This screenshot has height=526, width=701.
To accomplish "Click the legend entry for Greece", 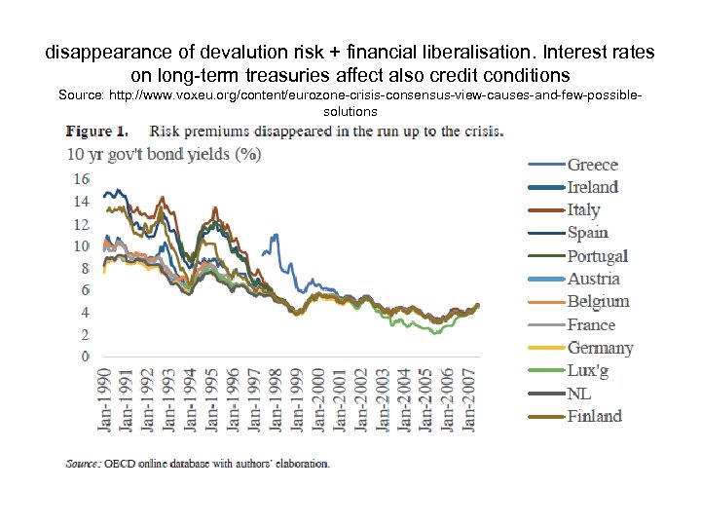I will click(x=593, y=165).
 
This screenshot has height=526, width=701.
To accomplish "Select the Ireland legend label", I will click(x=593, y=187).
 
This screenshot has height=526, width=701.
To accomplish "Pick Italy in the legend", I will click(x=584, y=209).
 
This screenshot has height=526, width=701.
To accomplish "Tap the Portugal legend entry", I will click(x=598, y=256).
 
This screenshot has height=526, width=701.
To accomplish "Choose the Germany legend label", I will click(x=600, y=348).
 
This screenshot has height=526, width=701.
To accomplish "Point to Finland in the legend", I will click(x=594, y=416).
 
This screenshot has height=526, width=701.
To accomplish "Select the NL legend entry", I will click(x=579, y=394).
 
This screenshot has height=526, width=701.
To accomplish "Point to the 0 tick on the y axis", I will click(x=85, y=357).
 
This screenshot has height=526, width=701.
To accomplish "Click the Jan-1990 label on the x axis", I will click(x=104, y=398).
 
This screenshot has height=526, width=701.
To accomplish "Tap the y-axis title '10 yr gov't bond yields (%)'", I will click(x=149, y=155).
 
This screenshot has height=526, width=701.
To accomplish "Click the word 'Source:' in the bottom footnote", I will click(x=82, y=464).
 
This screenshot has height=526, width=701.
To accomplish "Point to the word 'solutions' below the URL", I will click(x=350, y=111).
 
